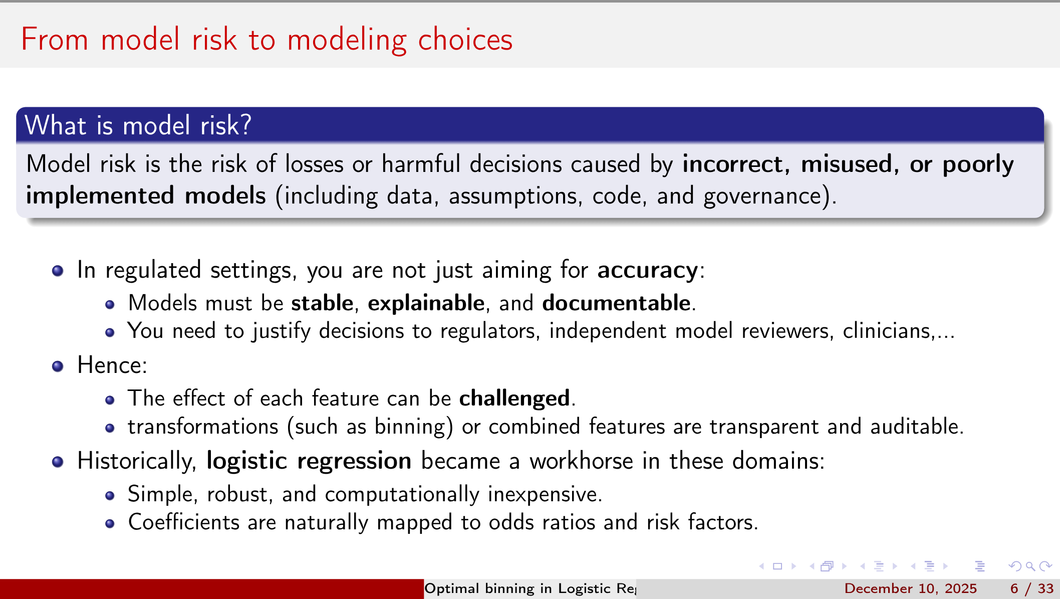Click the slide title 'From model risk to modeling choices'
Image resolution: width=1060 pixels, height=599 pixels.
click(267, 40)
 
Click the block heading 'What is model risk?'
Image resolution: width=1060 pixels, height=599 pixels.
click(138, 125)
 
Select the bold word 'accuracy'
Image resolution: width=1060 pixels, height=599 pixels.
click(647, 271)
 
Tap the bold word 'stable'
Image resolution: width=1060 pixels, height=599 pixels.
click(322, 303)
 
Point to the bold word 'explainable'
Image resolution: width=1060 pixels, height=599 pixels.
click(426, 303)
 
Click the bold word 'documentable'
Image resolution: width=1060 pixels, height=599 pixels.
click(616, 303)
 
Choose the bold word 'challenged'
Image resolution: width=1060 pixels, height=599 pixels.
click(514, 398)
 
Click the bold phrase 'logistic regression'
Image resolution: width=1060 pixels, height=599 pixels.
click(309, 461)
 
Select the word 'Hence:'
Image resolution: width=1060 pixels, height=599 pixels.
click(112, 365)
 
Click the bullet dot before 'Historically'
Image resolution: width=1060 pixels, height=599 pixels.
click(58, 462)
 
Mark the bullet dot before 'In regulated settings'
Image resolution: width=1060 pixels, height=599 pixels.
click(58, 271)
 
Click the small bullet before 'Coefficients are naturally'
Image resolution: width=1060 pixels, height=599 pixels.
click(110, 524)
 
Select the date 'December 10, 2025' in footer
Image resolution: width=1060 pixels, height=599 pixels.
click(910, 588)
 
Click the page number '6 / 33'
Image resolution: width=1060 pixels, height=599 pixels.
click(1031, 588)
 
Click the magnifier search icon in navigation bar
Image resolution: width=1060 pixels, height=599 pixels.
click(1030, 566)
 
